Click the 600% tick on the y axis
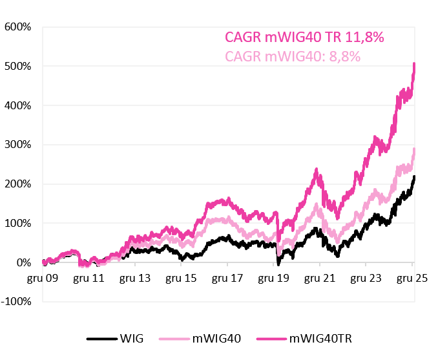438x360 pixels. [x=18, y=27]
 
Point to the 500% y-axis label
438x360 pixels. [x=18, y=67]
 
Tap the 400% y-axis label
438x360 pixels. [x=18, y=105]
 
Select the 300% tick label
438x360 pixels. [x=18, y=145]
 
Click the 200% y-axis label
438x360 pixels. [x=18, y=184]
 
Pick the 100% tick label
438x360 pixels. [x=18, y=224]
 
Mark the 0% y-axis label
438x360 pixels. [x=23, y=263]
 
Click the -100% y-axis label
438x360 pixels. [x=16, y=302]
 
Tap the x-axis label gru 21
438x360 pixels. [x=319, y=279]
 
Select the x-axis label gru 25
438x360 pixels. [x=412, y=279]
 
